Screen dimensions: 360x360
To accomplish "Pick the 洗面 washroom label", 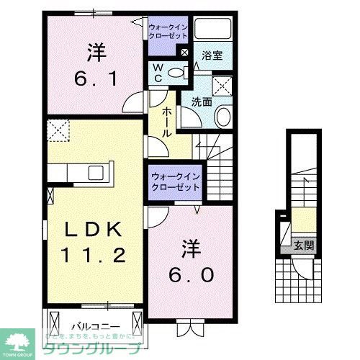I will click(x=201, y=102).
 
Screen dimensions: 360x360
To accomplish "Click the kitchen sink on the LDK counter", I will click(x=94, y=173).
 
